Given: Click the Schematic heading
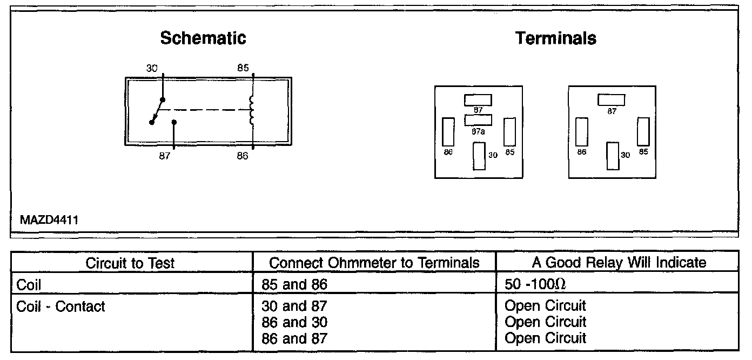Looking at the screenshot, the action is [x=203, y=38].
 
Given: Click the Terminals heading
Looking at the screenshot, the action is [x=556, y=38].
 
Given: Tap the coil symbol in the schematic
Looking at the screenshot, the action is [x=251, y=110].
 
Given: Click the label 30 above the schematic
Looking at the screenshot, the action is [x=152, y=69].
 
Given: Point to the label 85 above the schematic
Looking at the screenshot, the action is [x=243, y=69].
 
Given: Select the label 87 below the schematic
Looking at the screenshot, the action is [x=165, y=156].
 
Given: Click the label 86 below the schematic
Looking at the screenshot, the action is [x=243, y=156].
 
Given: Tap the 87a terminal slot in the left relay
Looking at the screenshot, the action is [x=478, y=120].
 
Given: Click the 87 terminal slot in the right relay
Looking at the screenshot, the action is [x=611, y=100].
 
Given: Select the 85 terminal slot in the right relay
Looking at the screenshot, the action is [x=643, y=131].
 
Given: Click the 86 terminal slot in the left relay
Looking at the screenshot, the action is [x=448, y=131].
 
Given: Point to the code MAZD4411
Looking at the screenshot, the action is [x=50, y=221].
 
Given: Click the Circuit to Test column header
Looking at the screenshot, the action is [x=131, y=263].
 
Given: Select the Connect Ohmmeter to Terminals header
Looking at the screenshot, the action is [x=374, y=263].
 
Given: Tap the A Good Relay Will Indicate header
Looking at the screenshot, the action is [x=619, y=263].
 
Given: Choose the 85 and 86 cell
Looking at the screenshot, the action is [x=294, y=284].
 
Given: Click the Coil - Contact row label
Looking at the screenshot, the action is [x=61, y=306].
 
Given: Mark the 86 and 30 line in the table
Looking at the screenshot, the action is [x=294, y=322].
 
